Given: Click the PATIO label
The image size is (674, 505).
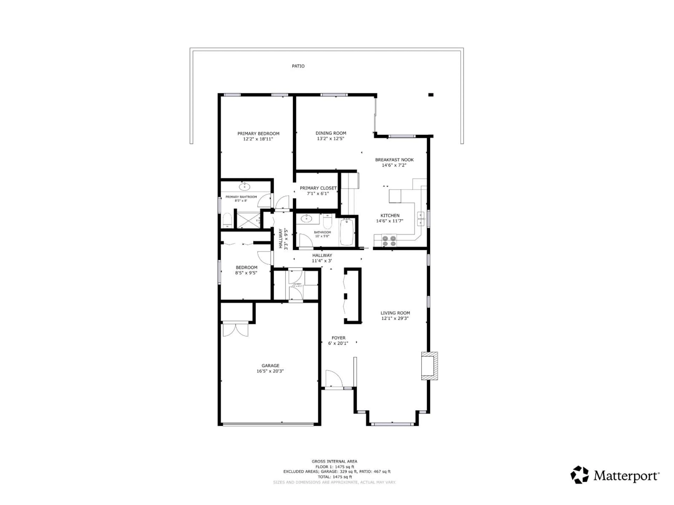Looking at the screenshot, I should point(298,66).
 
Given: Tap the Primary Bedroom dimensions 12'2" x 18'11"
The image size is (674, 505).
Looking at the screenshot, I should point(258,139).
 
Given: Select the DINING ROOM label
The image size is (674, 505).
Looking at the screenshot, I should point(331,133).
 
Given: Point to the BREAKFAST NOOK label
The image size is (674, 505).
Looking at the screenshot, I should point(394,160).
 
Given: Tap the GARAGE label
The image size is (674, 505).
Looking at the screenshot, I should point(270,366).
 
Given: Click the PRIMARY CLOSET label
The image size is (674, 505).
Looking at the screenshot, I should point(318,188).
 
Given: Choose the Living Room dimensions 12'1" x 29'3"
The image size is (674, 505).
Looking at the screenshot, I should point(395,318).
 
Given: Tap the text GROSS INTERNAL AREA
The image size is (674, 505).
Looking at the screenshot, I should point(334,462).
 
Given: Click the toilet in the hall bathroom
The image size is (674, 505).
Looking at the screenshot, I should point(327,222).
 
